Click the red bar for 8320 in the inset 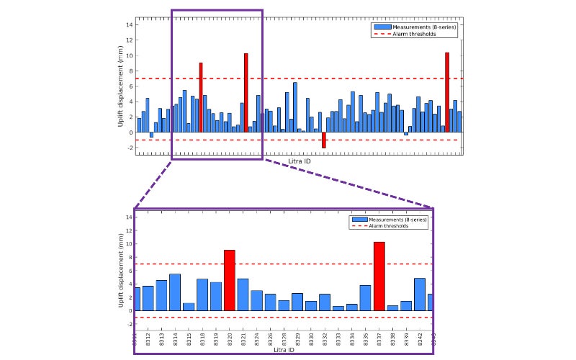coord(229,280)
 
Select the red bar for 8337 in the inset coord(379,276)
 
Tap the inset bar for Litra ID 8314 coord(175,292)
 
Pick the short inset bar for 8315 coord(189,307)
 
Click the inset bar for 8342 coord(420,294)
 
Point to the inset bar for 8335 coord(365,298)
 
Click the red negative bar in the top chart coord(324,140)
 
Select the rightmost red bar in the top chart coord(447,92)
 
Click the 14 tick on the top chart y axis coord(130,24)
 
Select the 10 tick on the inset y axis coord(129,244)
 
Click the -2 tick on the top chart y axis coord(130,148)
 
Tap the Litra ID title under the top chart coord(299,161)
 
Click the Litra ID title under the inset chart coord(284,349)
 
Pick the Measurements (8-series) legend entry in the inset coord(398,219)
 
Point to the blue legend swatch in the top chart coord(382,27)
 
